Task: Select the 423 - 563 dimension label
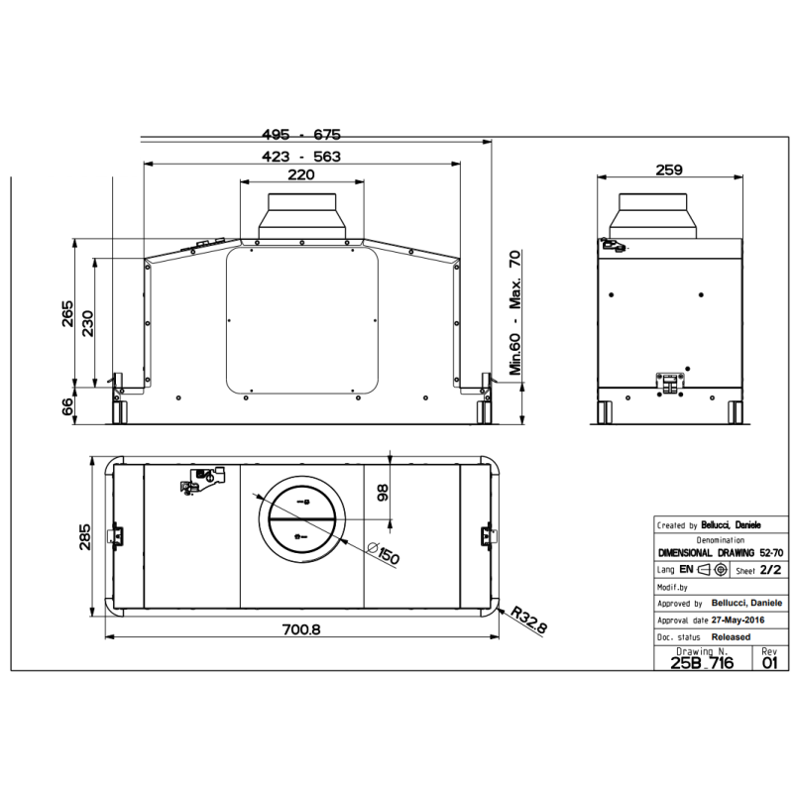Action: click(301, 156)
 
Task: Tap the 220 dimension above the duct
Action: click(301, 175)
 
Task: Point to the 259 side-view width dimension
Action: click(670, 170)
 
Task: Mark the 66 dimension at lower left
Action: click(67, 406)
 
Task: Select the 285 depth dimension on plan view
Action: click(85, 536)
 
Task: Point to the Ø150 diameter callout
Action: click(383, 555)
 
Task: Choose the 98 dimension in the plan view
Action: click(384, 493)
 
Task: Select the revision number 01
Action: click(770, 663)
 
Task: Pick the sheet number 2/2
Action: click(771, 570)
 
